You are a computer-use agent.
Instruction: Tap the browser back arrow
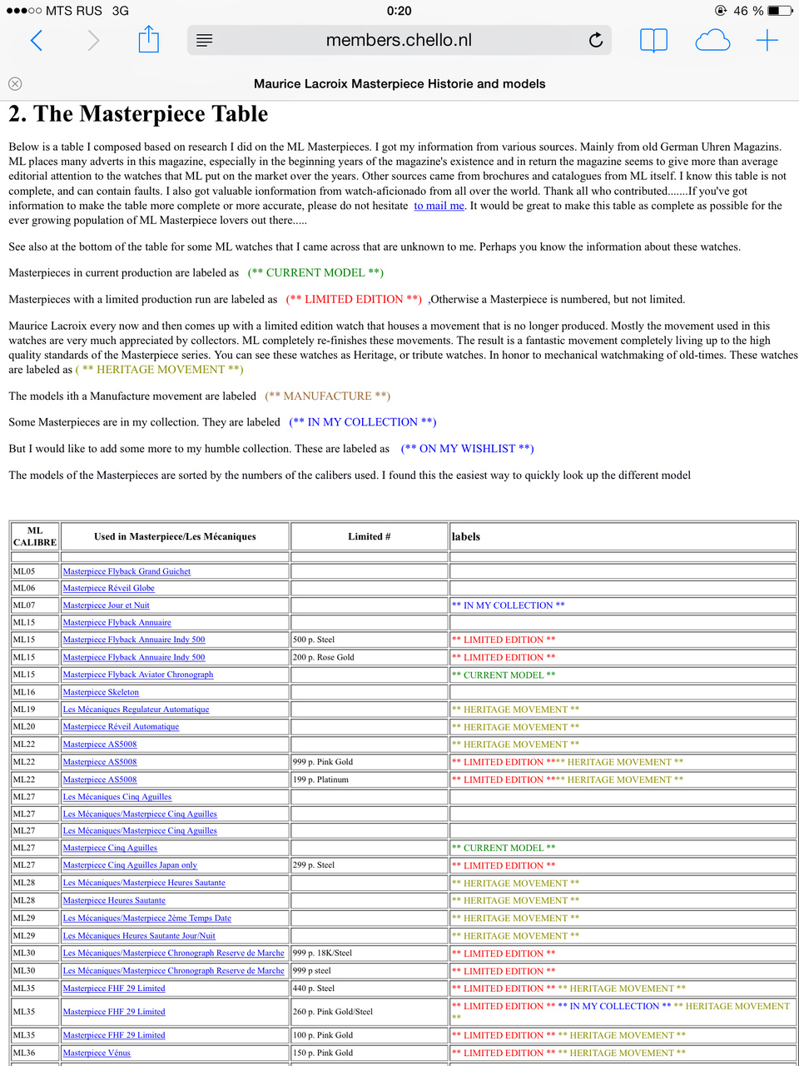coord(37,40)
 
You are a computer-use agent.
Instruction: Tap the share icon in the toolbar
coord(148,39)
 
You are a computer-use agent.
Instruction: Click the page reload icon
coord(596,40)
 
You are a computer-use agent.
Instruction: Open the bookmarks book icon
coord(653,40)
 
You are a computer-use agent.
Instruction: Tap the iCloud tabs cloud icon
coord(712,40)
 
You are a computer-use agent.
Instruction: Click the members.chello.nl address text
coord(399,40)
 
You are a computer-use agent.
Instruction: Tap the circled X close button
coord(15,83)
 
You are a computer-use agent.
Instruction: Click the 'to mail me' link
coord(439,206)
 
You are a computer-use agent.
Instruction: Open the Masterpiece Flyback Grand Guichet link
coord(127,571)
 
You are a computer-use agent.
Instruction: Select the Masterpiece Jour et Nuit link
coord(106,605)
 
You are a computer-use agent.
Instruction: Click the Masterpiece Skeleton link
coord(101,692)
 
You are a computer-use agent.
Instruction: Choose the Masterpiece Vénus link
coord(97,1053)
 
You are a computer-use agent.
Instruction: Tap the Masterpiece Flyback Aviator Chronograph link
coord(138,675)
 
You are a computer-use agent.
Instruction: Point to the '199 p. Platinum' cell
coord(320,780)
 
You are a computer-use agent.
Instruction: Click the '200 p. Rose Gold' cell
coord(324,657)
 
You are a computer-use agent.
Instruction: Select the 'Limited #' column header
coord(370,536)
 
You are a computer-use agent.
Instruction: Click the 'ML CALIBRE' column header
coord(35,536)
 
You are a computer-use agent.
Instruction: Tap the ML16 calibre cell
coord(24,692)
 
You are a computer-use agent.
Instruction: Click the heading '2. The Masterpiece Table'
coord(138,114)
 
